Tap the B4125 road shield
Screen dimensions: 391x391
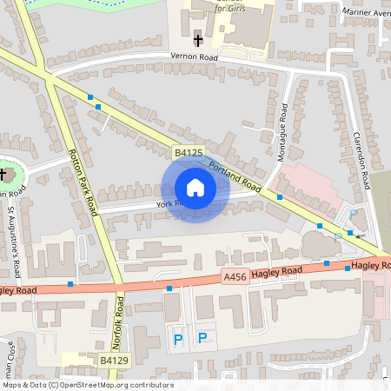[188, 153]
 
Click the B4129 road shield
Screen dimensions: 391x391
[114, 360]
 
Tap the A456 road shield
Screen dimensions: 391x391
[234, 277]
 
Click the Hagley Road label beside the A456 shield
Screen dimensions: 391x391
[276, 272]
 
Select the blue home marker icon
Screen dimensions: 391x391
[195, 188]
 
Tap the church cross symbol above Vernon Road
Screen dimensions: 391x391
[198, 39]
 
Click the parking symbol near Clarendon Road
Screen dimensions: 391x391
[353, 215]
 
